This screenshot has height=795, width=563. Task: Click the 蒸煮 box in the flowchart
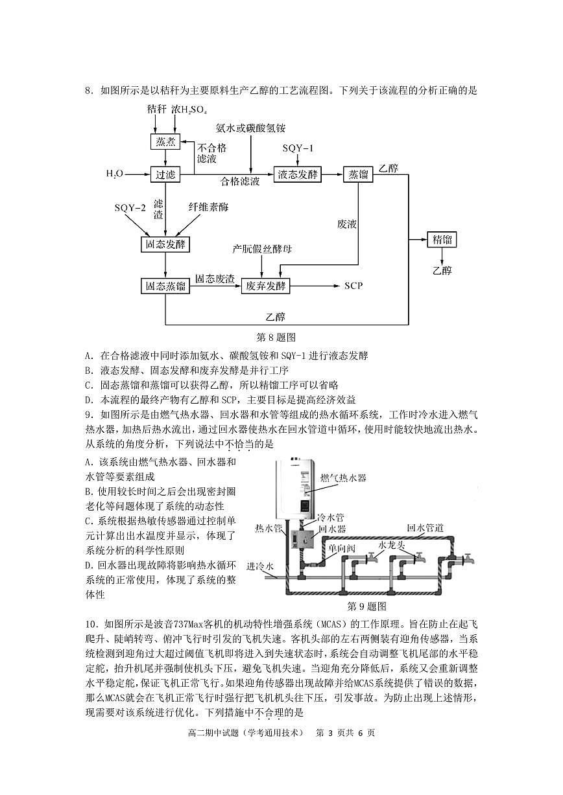163,141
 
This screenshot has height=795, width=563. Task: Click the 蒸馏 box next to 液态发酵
359,174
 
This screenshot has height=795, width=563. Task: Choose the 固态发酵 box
165,244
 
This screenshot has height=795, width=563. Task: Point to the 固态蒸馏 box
165,286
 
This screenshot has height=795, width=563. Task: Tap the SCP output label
353,286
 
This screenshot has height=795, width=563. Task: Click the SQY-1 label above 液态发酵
297,149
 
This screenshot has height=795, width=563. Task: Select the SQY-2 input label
130,207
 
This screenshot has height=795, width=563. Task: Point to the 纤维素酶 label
208,207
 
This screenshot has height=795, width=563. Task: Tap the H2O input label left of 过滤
115,174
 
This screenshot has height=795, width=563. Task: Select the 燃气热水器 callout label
343,478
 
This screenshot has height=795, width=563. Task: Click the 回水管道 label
425,528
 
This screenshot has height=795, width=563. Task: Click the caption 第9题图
366,606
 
